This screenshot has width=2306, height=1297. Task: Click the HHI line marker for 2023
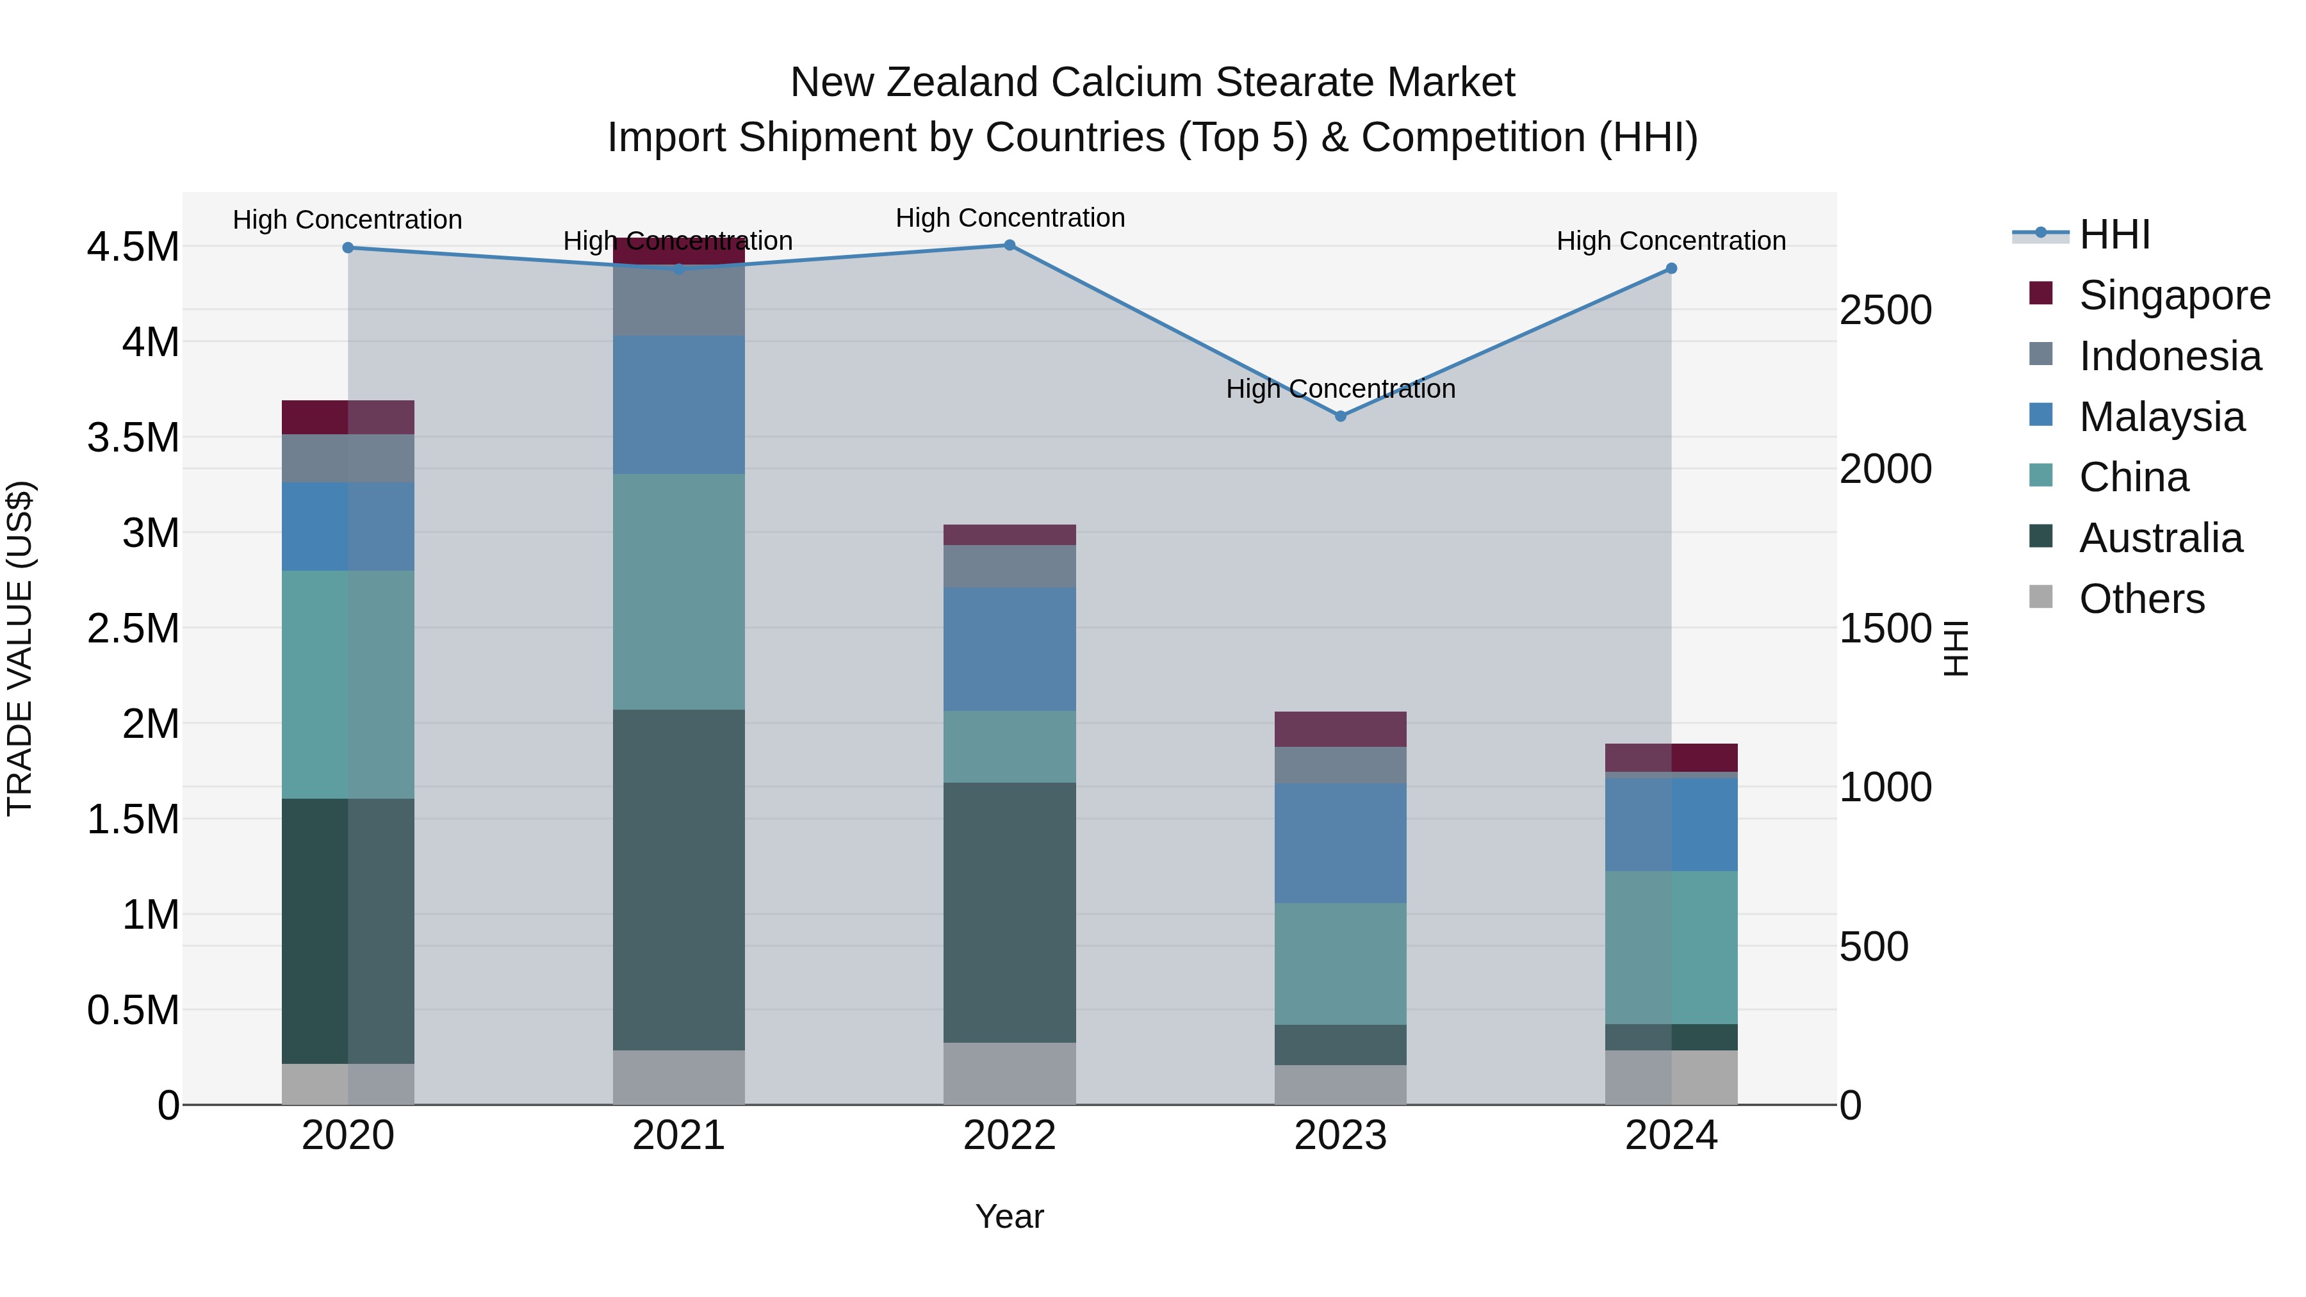coord(1340,416)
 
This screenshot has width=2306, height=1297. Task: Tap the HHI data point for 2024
coord(1671,268)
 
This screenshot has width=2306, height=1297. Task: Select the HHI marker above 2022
coord(1009,245)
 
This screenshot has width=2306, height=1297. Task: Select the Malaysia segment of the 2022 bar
coord(1009,649)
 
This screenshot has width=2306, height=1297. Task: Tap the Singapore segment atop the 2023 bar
coord(1340,729)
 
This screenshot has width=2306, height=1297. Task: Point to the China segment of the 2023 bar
coord(1340,963)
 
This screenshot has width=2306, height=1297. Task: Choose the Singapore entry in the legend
coord(2173,295)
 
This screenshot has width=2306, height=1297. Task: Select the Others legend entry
coord(2141,599)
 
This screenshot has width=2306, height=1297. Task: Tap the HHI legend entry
coord(2114,234)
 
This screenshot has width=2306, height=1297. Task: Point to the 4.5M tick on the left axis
coord(133,247)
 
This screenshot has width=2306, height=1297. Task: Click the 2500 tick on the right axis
coord(1885,311)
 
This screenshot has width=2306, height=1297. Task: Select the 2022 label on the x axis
coord(1009,1136)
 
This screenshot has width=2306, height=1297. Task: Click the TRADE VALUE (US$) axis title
coord(20,648)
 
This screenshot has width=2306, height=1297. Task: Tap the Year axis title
coord(1009,1216)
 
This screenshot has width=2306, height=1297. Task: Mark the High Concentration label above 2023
coord(1340,389)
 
